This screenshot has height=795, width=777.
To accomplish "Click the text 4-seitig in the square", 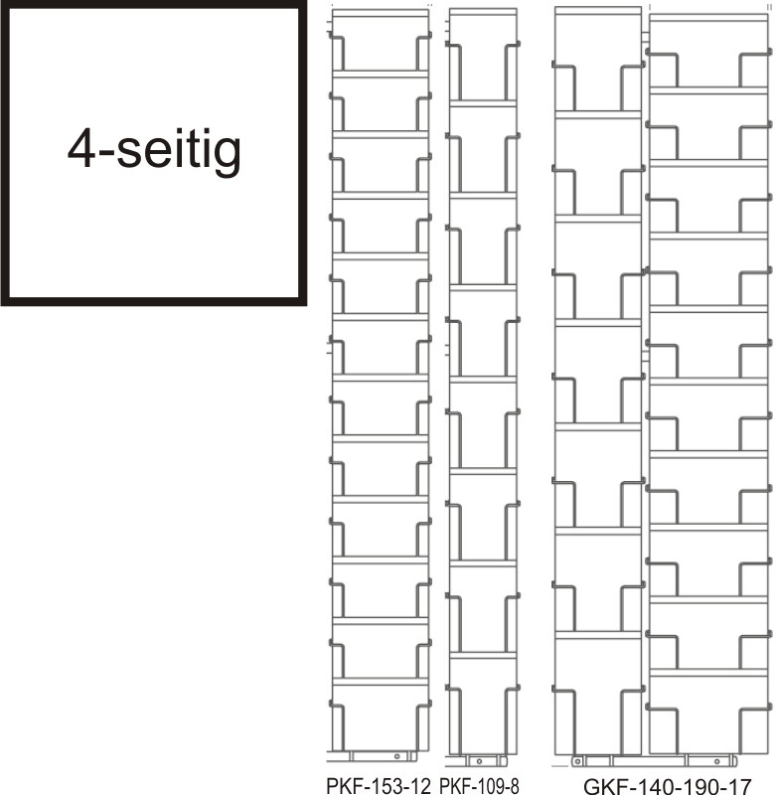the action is point(154,150).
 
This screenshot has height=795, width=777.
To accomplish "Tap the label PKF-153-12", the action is point(379,785).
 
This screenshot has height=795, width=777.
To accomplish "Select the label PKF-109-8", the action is point(479,785).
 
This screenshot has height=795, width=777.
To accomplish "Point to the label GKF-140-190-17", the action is point(667,786).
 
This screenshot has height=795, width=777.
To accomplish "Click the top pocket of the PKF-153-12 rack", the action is point(381,45).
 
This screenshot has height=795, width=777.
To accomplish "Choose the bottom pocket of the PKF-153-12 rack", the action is point(381,717).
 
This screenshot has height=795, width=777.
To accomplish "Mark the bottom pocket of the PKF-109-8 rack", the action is point(483,706).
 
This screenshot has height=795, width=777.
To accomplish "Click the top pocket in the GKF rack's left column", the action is point(598,62).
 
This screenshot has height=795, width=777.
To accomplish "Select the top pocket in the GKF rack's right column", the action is point(709,54).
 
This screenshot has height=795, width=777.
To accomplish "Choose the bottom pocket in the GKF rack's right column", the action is point(709,715).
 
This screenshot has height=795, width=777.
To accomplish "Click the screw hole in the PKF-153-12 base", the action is point(396,756).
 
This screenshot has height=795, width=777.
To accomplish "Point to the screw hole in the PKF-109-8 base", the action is point(479,761).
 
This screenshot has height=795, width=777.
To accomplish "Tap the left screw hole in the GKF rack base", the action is point(578,761).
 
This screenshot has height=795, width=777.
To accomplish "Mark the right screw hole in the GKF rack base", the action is point(716,761).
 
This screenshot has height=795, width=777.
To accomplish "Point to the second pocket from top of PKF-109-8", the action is point(483,150).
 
